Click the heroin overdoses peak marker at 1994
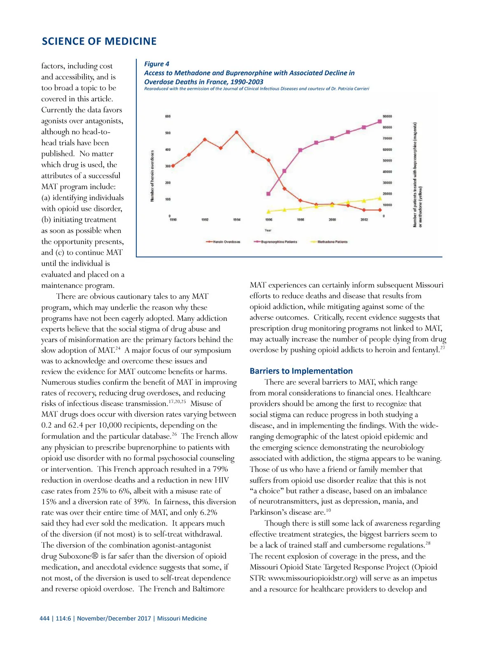pos(237,132)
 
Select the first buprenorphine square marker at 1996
pos(268,194)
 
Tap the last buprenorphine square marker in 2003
pos(380,121)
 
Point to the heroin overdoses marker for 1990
pos(173,166)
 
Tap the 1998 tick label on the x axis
pos(301,220)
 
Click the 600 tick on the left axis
pos(168,116)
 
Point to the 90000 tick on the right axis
pos(387,116)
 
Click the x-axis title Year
pos(268,230)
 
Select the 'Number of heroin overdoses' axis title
pos(152,176)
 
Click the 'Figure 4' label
pos(156,64)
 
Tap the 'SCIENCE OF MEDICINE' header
pos(99,42)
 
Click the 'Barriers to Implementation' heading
pos(301,371)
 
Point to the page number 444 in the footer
pos(44,618)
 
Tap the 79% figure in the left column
pos(219,469)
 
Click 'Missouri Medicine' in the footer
pos(182,618)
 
